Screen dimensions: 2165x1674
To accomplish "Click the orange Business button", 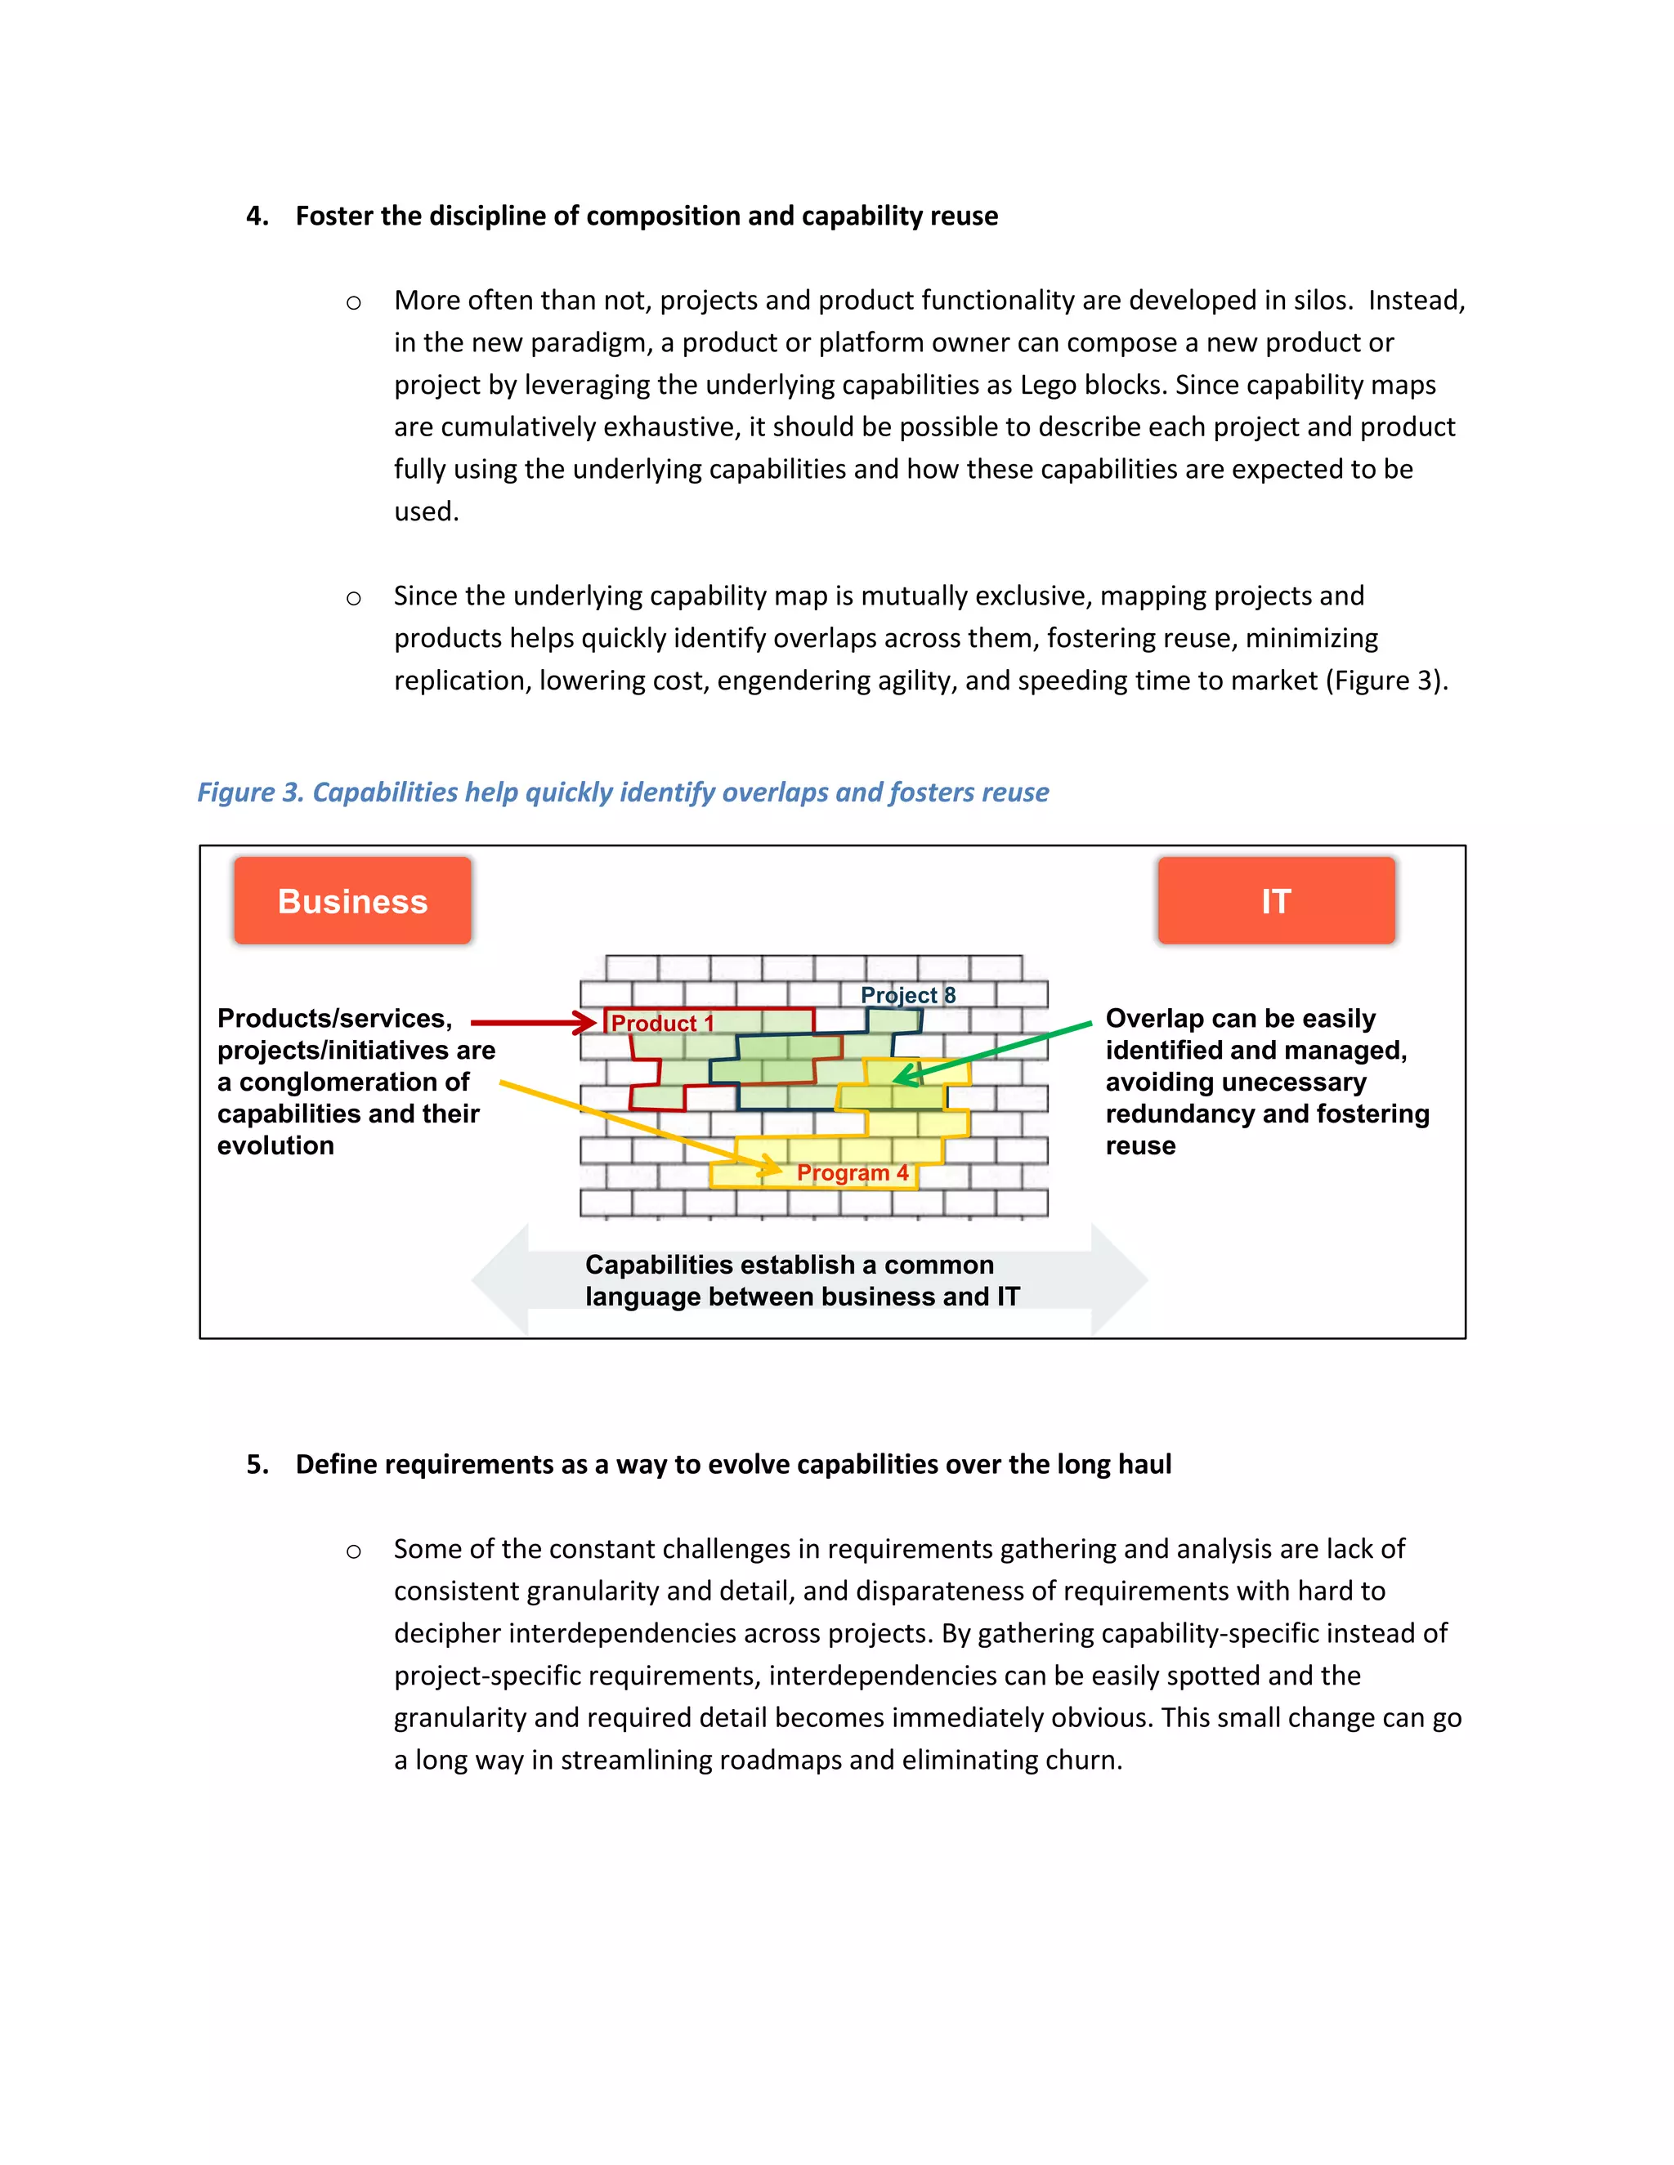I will [x=352, y=900].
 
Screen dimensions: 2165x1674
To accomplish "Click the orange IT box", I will [x=1275, y=900].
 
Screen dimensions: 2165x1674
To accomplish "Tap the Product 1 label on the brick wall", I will [x=661, y=1023].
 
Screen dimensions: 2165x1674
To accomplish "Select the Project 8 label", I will [x=907, y=994].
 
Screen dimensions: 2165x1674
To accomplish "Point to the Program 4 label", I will [x=852, y=1172].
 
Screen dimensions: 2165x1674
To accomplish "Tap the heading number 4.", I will [x=257, y=216].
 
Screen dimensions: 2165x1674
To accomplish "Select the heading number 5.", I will [x=257, y=1464].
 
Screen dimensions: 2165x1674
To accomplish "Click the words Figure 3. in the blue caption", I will [x=250, y=792].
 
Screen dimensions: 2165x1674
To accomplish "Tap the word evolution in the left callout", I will [x=275, y=1146].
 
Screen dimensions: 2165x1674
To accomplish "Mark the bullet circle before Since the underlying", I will [x=353, y=598].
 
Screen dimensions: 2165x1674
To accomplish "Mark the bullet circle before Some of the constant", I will [x=353, y=1551].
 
